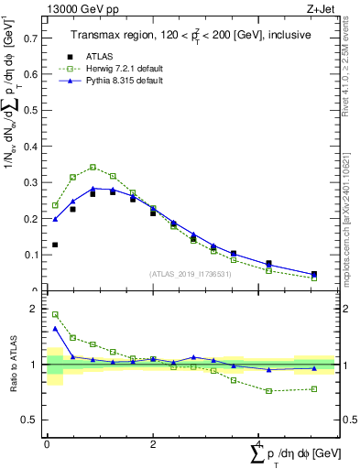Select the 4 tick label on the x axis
coord(258,444)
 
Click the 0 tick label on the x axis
coord(47,444)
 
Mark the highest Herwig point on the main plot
coord(93,168)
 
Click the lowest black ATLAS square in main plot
coord(313,274)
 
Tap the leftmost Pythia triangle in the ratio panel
coord(55,328)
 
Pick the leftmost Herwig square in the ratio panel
coord(55,314)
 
